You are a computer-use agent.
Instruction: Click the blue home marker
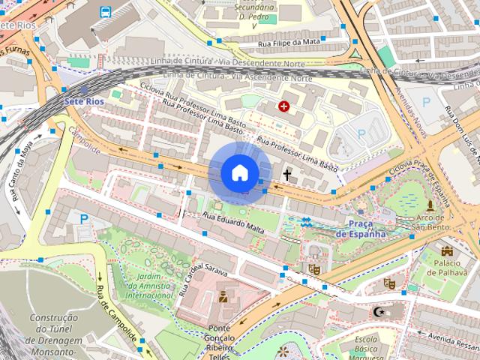point(239,172)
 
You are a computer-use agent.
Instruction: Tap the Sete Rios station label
point(83,100)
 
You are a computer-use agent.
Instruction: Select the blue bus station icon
point(106,12)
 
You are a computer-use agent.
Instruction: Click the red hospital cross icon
point(283,106)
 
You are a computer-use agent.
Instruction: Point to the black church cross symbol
point(286,175)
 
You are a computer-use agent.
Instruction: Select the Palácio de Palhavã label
point(450,267)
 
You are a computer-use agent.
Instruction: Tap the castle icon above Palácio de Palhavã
point(448,250)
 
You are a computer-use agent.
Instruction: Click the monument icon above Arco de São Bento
point(430,204)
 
